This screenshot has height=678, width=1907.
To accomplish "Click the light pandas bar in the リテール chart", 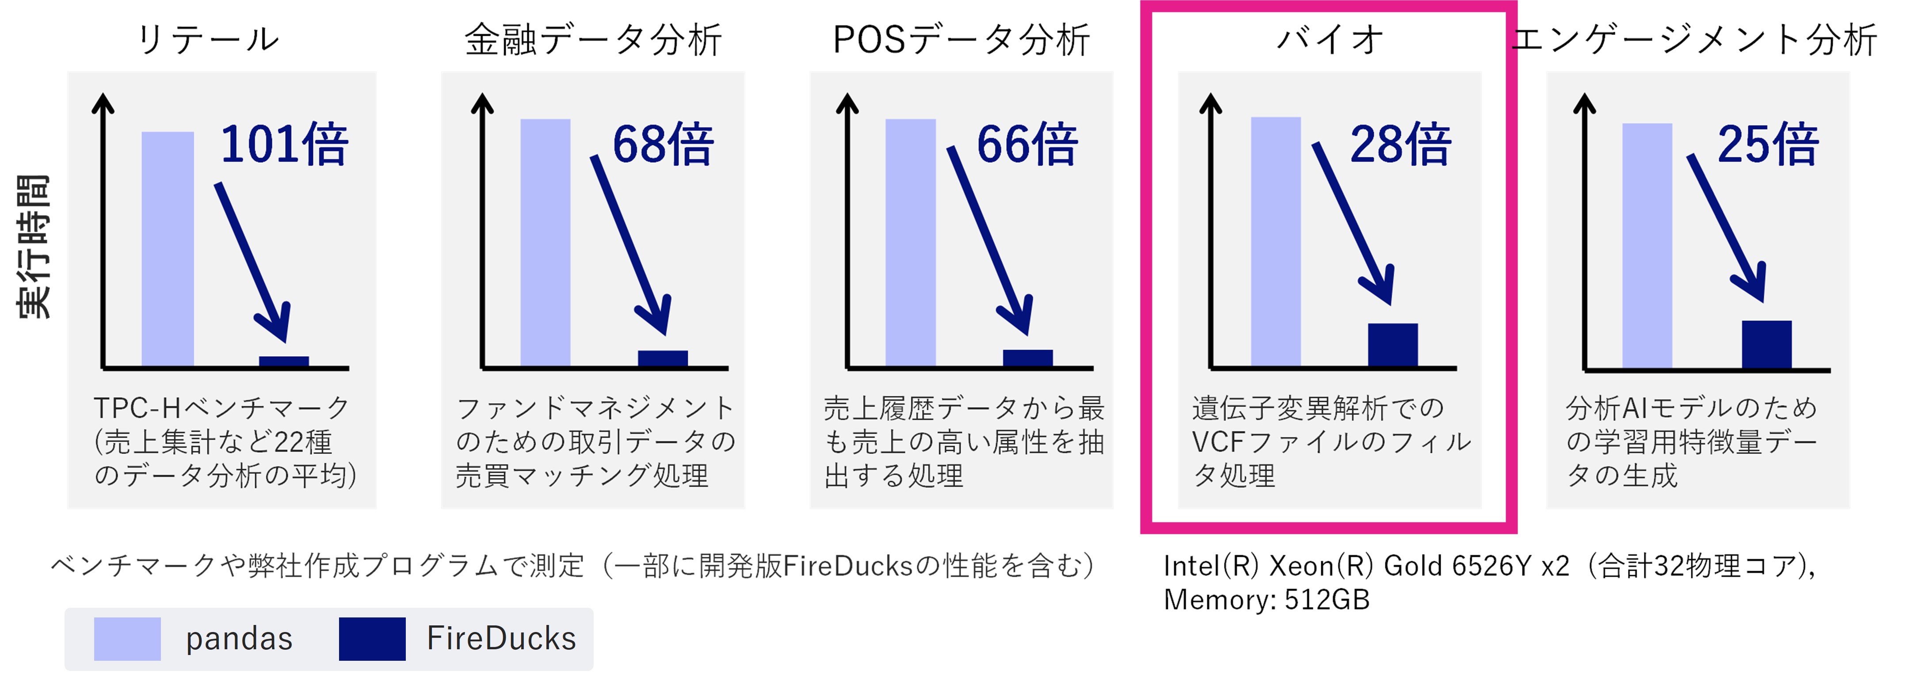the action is (168, 249).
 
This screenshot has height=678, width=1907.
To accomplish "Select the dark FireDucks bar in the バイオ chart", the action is (1392, 344).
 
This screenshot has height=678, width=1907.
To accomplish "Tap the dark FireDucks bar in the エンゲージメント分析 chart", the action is (1766, 344).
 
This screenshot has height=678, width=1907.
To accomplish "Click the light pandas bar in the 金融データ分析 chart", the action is (545, 242).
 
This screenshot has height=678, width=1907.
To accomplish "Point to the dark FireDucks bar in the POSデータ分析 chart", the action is (1027, 358).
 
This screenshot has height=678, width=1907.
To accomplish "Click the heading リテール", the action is (208, 39).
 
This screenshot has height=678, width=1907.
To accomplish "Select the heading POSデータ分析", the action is (961, 39).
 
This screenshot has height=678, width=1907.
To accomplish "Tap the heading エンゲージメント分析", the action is (1694, 39).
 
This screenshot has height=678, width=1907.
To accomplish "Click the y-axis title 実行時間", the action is (33, 247).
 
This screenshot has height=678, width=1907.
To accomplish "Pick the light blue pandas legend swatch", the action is (127, 639).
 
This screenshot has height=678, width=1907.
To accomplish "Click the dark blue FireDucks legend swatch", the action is (372, 639).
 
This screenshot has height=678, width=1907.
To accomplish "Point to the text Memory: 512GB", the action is (1266, 599).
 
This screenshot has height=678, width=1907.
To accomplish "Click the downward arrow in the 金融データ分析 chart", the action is (631, 245).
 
